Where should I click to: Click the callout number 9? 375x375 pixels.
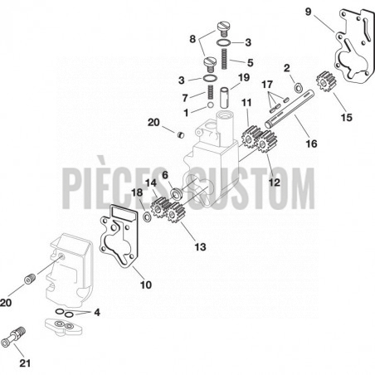tap(308, 12)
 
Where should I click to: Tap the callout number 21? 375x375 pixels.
tap(25, 363)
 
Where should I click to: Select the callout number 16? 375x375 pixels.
tap(311, 144)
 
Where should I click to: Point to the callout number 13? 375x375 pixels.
tap(200, 246)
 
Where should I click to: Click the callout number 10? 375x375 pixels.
tap(146, 285)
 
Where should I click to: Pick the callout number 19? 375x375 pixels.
tap(244, 78)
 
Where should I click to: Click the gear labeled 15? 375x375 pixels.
tap(326, 81)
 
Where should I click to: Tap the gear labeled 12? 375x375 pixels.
tap(267, 142)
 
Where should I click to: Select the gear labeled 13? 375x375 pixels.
tap(175, 212)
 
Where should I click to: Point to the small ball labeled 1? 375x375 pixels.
tap(210, 105)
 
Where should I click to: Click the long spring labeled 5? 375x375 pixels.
tap(224, 59)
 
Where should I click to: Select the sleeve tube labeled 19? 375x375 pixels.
tap(225, 98)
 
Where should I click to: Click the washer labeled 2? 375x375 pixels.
tap(298, 88)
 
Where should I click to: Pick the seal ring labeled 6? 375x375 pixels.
tap(176, 193)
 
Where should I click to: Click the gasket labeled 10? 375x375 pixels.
tap(119, 236)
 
